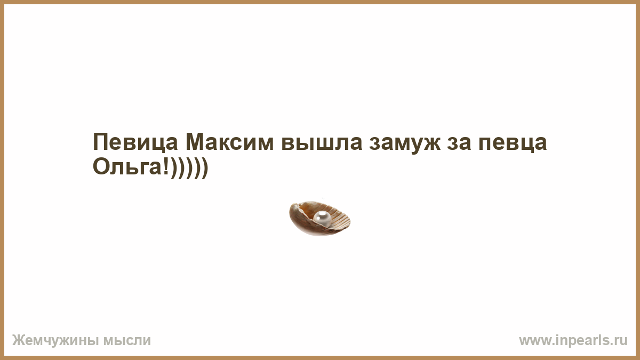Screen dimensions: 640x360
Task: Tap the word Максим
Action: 230,142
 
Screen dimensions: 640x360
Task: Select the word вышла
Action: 322,142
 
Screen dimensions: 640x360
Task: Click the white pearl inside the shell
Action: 322,219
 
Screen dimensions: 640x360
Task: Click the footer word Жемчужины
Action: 55,341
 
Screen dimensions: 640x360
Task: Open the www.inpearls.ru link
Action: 573,341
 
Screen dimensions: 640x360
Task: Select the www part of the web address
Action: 534,342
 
